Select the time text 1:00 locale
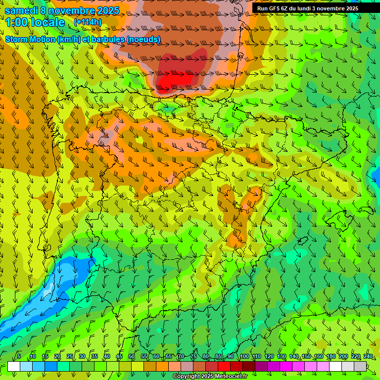[35, 22]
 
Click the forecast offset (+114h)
[88, 22]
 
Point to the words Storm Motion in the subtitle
[29, 39]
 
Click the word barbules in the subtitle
[121, 39]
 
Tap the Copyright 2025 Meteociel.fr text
[210, 377]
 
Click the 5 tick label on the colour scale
[19, 356]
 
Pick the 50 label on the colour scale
[132, 356]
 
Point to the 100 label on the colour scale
[244, 356]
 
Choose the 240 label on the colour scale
[368, 356]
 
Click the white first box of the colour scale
[14, 366]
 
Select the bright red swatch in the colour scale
[224, 366]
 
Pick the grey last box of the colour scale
[360, 366]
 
